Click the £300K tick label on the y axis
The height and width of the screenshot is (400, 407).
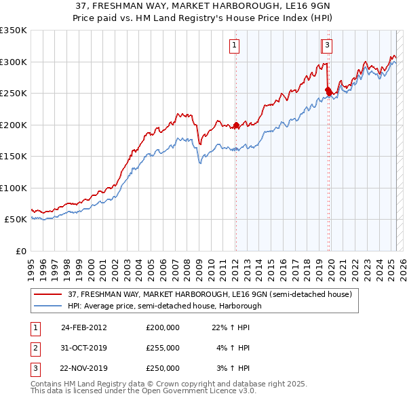point(14,62)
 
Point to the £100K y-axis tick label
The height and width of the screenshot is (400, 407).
point(14,188)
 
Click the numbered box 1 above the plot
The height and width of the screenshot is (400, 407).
point(234,45)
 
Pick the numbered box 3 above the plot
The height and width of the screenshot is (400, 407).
point(327,45)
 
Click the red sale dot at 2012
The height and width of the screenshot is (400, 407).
point(236,125)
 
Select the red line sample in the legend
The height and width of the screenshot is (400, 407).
point(48,295)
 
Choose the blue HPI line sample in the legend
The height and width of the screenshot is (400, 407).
point(48,306)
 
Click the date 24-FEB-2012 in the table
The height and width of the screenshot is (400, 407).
point(83,327)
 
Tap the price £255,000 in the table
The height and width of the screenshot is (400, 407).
point(163,348)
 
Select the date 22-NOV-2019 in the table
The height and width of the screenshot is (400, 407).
point(83,368)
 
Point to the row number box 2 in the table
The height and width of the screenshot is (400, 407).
point(35,348)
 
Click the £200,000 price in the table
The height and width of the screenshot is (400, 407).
point(163,327)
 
